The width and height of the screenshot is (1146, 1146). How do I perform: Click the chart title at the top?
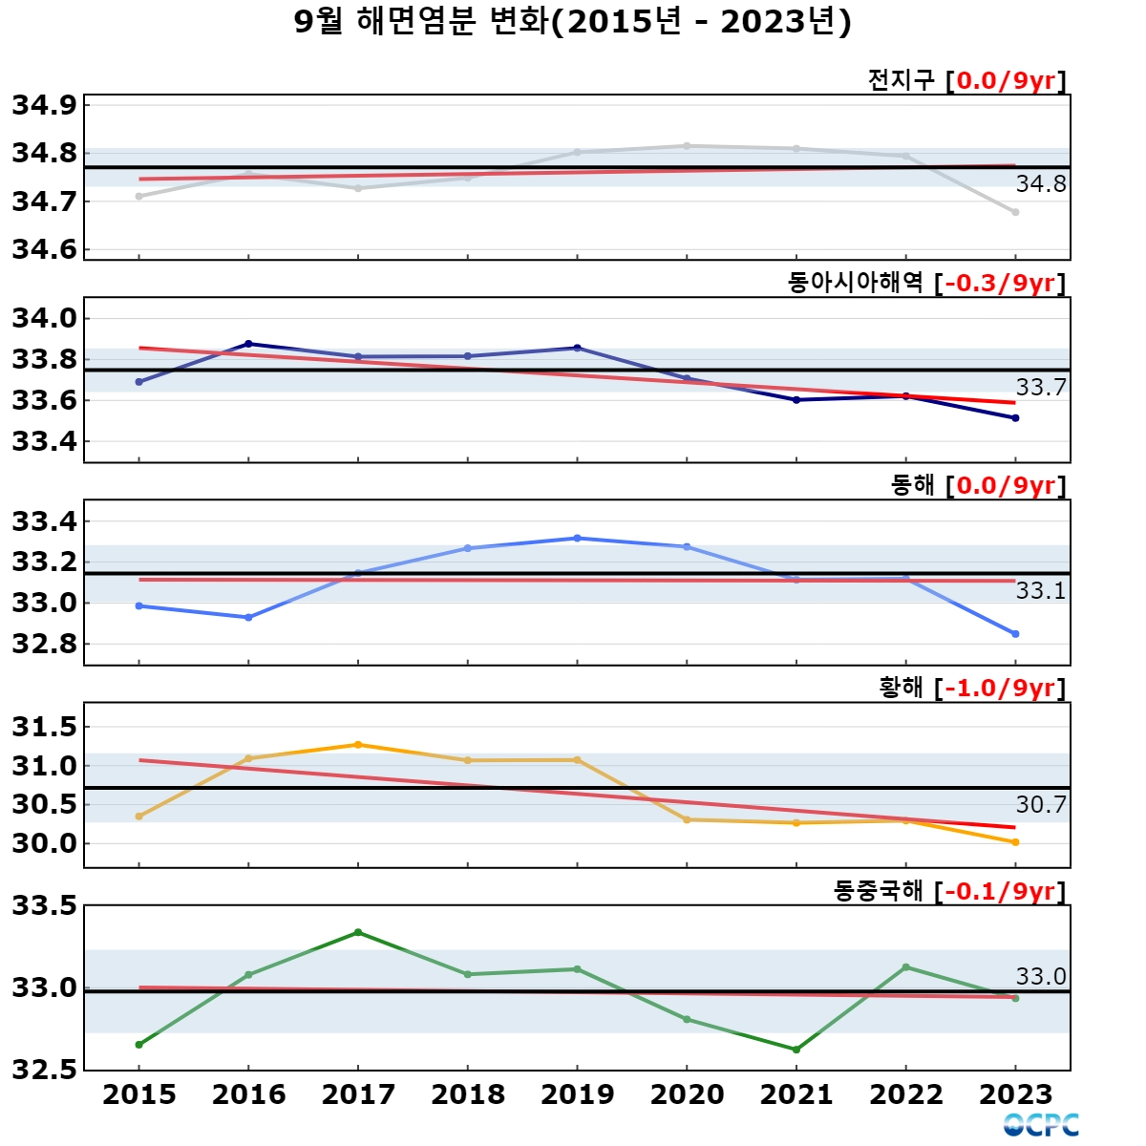(x=573, y=23)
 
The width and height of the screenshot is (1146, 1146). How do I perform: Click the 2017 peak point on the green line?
(x=358, y=932)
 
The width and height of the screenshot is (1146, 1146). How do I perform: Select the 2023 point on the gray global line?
(x=1015, y=212)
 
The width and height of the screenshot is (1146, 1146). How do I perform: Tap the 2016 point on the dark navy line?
(x=248, y=344)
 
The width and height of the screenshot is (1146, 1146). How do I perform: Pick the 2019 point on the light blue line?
(x=577, y=539)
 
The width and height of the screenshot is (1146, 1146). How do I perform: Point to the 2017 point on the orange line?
(x=358, y=745)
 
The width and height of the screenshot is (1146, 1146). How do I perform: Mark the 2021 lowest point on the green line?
(x=796, y=1050)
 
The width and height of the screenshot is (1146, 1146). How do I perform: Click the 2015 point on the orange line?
(x=139, y=817)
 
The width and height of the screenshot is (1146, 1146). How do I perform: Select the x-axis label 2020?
(x=687, y=1094)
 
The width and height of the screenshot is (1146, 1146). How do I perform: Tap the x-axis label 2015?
(x=139, y=1094)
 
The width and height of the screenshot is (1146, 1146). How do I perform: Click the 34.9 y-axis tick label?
(x=45, y=105)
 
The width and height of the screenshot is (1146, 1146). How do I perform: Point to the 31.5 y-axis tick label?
(x=45, y=727)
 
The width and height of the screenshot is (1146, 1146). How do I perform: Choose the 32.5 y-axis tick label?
(x=45, y=1071)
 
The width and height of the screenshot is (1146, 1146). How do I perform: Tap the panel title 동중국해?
(x=878, y=891)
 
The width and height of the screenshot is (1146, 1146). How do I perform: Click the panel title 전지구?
(x=902, y=79)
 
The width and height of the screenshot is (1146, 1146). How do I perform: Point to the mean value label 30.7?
(x=1041, y=805)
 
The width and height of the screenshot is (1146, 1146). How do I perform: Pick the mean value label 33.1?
(x=1041, y=590)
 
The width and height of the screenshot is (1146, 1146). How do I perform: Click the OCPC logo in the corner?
(x=1041, y=1125)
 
